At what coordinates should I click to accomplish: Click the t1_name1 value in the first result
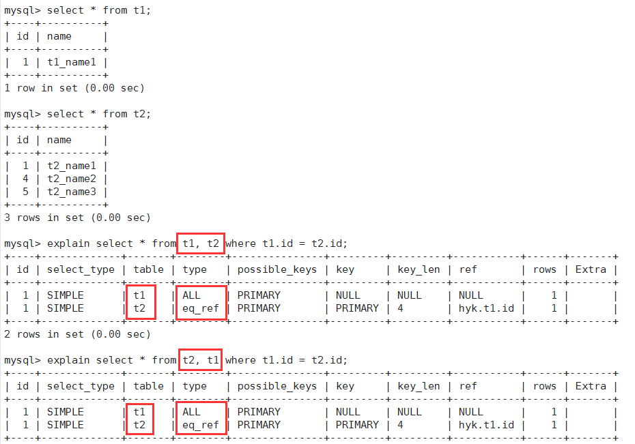click(x=75, y=62)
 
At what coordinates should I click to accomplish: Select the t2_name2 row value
click(x=75, y=179)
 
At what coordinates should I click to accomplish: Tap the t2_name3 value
click(x=75, y=192)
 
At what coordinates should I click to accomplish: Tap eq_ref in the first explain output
click(x=200, y=308)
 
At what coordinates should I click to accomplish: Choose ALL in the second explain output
click(x=192, y=412)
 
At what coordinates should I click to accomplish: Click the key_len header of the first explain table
click(x=419, y=269)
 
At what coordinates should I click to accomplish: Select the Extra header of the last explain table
click(x=591, y=386)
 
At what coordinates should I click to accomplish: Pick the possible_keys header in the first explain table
click(x=277, y=269)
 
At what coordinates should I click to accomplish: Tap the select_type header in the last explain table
click(x=81, y=386)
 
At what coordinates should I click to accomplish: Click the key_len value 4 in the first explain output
click(x=400, y=308)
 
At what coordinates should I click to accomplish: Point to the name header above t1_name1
click(x=59, y=36)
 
